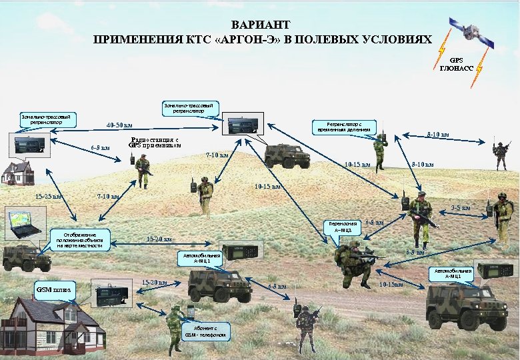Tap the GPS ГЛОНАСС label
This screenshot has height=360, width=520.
pyautogui.click(x=455, y=63)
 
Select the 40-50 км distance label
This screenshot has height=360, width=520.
pyautogui.click(x=119, y=125)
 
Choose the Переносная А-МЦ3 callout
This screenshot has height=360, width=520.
pyautogui.click(x=341, y=227)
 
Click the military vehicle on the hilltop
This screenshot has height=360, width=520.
pyautogui.click(x=287, y=155)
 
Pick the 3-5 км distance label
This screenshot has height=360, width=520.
pyautogui.click(x=460, y=209)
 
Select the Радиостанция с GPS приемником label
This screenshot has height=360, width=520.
pyautogui.click(x=155, y=143)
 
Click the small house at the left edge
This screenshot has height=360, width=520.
pyautogui.click(x=18, y=173)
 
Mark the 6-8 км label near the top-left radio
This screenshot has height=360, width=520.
pyautogui.click(x=100, y=147)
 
